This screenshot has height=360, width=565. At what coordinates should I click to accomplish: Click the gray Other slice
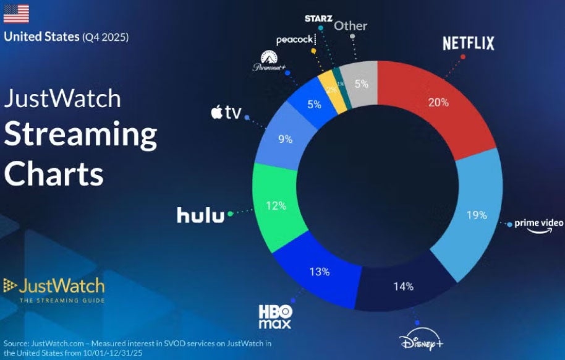(361, 84)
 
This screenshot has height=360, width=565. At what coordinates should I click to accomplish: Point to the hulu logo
(201, 214)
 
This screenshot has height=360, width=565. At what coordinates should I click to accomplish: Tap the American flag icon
(16, 14)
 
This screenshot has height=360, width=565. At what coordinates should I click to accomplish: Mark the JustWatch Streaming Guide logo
(54, 289)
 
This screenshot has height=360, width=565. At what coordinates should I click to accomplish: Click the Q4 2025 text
(106, 37)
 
